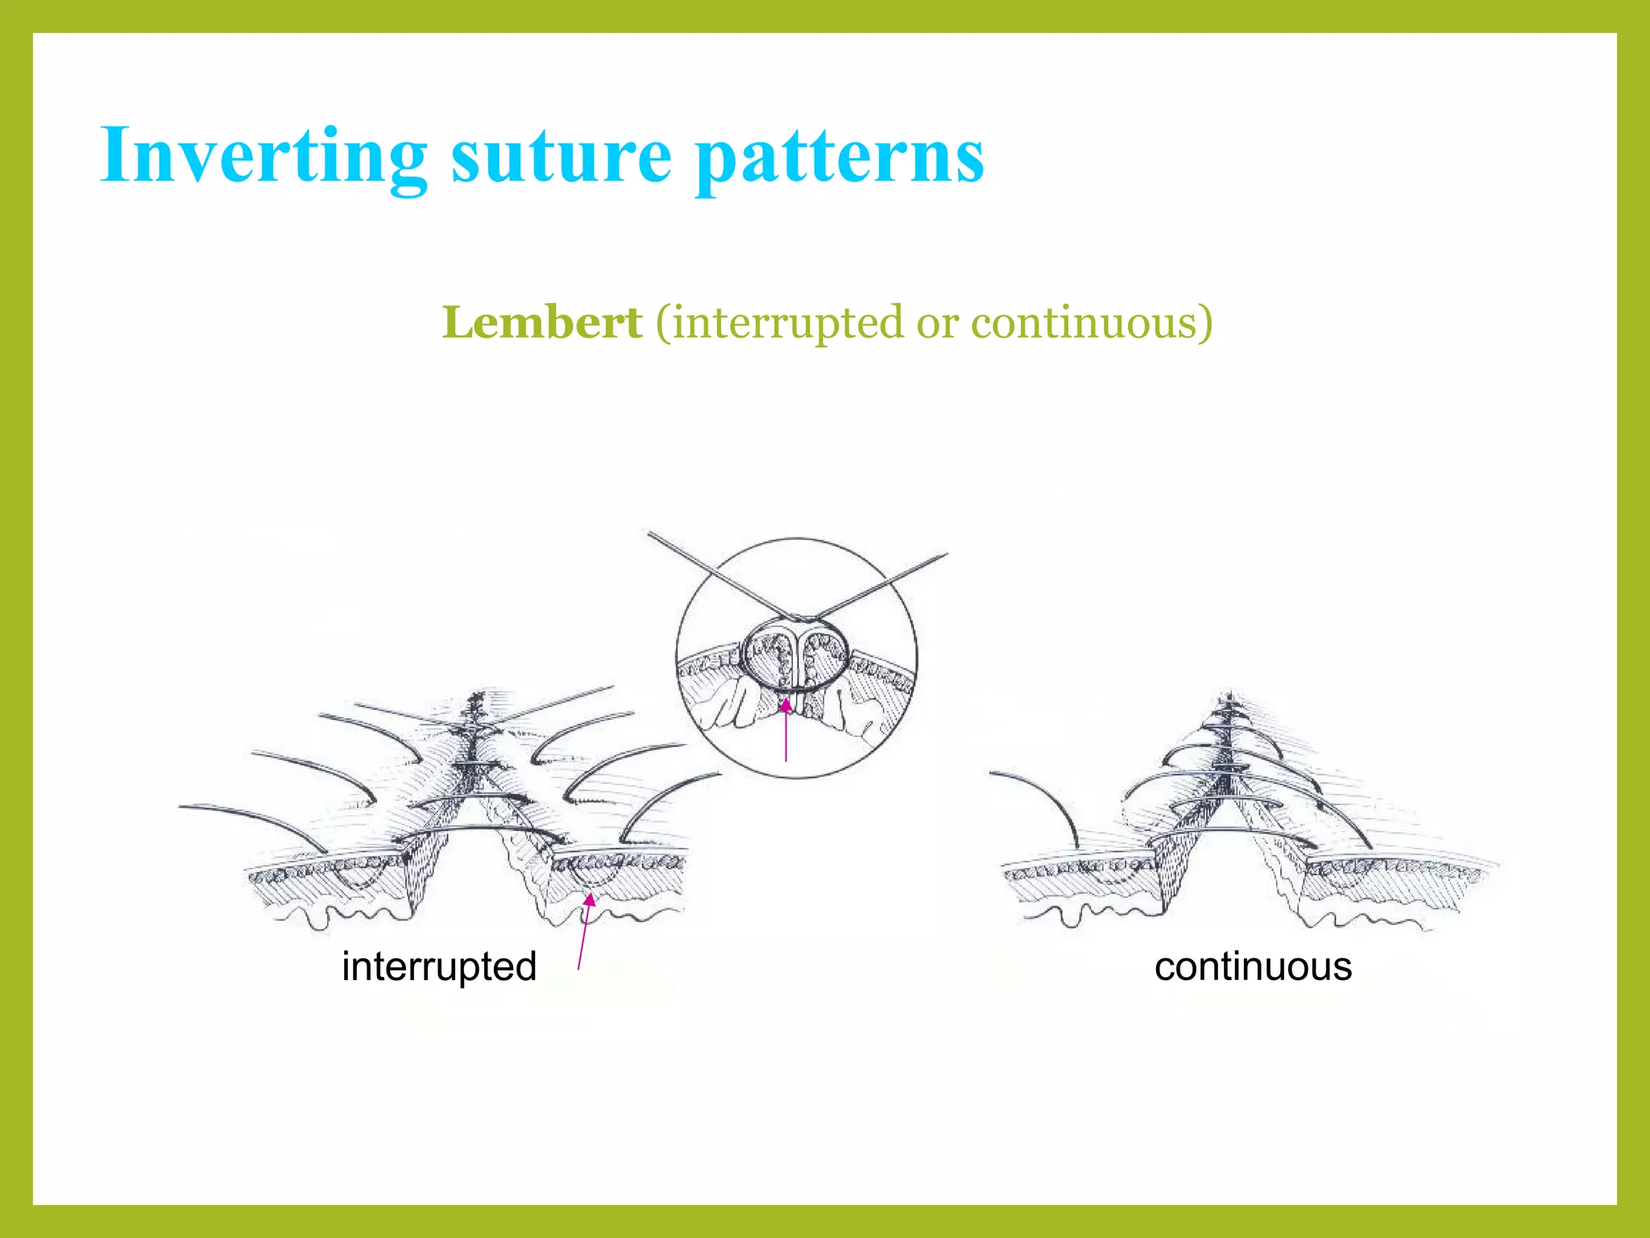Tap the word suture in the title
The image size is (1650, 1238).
[561, 156]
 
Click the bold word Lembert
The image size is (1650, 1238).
[542, 322]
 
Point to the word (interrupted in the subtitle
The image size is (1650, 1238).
[780, 324]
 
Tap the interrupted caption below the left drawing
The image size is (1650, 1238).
[439, 966]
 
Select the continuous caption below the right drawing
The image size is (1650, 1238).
[1253, 966]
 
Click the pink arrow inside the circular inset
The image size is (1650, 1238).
[786, 729]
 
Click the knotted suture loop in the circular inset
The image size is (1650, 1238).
[795, 654]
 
